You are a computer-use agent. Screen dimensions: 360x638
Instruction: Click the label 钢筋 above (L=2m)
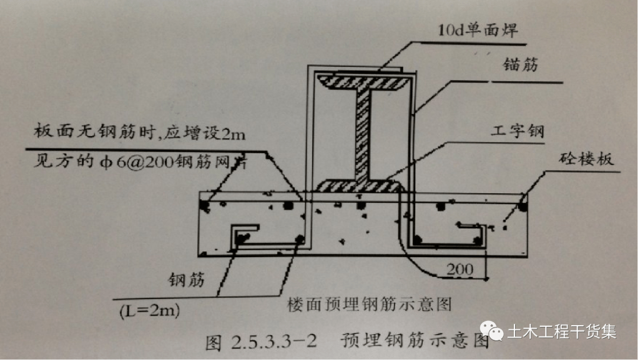(x=186, y=280)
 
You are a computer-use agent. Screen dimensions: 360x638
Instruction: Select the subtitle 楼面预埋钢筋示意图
(x=370, y=305)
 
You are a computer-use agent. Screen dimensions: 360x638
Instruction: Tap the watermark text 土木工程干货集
(x=562, y=332)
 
